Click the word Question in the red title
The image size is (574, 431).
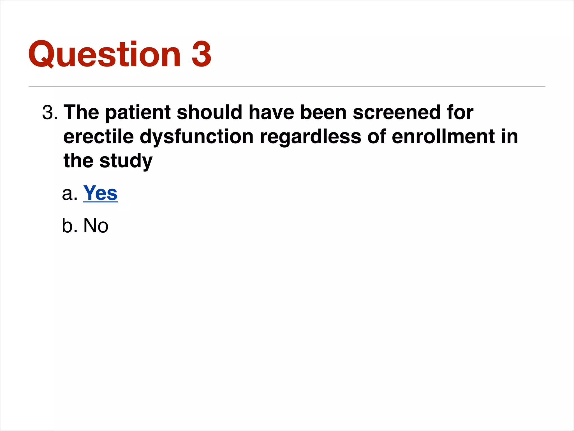(x=105, y=54)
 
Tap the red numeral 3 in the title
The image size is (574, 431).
(x=201, y=54)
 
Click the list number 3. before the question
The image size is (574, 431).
(x=50, y=113)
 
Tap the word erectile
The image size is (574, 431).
(x=98, y=137)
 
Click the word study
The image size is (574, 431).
(x=126, y=161)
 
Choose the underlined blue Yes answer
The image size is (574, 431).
(x=100, y=193)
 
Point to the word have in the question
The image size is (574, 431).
(x=271, y=113)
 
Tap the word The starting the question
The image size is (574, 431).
(x=81, y=113)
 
